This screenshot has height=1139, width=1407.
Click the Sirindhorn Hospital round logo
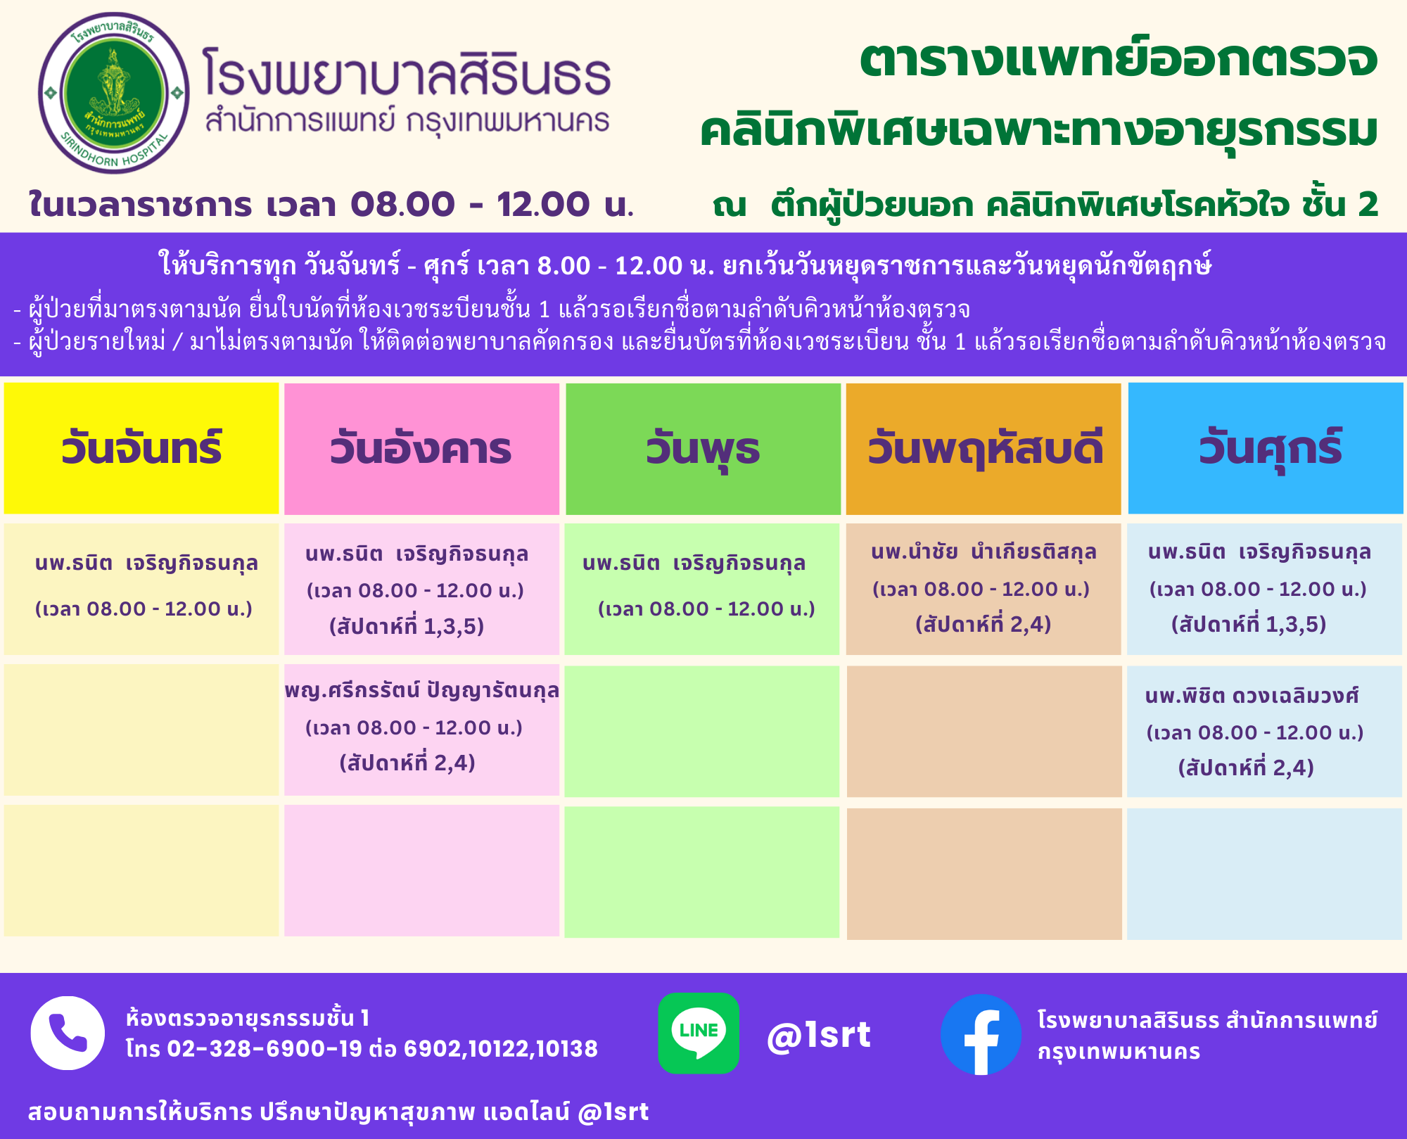[114, 93]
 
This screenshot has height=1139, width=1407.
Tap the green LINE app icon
[699, 1033]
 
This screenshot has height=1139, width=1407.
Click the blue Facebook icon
[981, 1034]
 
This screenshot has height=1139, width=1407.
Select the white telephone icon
[68, 1033]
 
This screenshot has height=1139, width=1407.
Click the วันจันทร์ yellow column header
[141, 448]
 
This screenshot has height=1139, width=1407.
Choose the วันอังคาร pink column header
[421, 449]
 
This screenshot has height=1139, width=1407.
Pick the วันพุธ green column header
[703, 449]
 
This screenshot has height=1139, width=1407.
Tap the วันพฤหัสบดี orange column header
[983, 449]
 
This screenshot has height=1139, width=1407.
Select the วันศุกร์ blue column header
[1266, 448]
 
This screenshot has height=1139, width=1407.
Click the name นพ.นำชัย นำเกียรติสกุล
[983, 552]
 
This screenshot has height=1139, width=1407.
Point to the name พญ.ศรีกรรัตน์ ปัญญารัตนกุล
[421, 691]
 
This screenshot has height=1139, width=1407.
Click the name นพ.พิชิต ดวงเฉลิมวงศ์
[1252, 696]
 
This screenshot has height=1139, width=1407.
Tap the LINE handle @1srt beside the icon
[819, 1035]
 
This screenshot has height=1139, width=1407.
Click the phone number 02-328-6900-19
[265, 1049]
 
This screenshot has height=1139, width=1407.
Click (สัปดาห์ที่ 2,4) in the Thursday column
[983, 624]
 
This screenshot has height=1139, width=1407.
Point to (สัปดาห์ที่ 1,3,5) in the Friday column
[1249, 624]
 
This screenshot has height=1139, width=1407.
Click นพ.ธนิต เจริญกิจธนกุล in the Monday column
[146, 564]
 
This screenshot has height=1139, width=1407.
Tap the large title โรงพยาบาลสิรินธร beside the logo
[407, 72]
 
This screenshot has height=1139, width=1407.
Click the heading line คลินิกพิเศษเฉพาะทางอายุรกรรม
[1038, 132]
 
